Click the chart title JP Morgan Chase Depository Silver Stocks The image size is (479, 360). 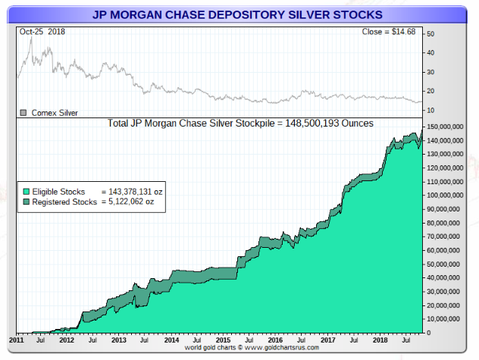tap(236, 14)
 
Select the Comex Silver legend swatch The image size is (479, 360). tap(23, 113)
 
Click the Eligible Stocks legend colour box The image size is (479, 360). tap(25, 193)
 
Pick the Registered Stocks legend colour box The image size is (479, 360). tap(25, 202)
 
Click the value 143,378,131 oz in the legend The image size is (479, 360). tap(133, 193)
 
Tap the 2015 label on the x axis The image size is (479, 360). tap(223, 340)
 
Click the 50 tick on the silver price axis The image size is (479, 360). tap(430, 34)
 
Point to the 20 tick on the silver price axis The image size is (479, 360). tap(430, 91)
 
